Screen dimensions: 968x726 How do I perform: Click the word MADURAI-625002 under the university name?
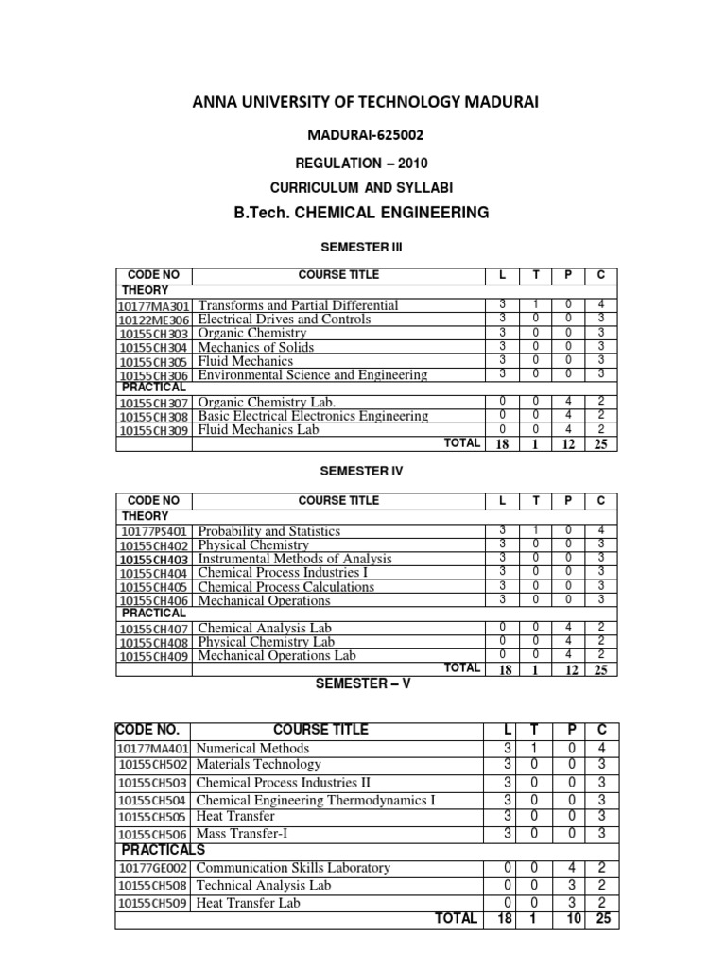tap(362, 136)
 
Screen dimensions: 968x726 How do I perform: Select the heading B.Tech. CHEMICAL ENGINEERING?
tap(362, 213)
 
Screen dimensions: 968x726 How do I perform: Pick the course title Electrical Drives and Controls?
tap(285, 320)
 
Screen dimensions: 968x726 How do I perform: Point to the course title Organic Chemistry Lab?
tap(267, 402)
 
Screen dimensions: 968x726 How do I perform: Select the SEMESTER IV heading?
tap(362, 470)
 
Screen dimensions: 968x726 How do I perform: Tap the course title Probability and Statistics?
tap(269, 531)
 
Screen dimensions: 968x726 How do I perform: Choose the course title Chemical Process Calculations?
tap(285, 586)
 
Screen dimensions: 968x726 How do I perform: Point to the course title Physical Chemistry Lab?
tap(267, 642)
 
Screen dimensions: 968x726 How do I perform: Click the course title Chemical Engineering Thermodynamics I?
tap(316, 800)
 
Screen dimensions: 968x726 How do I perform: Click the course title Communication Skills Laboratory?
tap(293, 867)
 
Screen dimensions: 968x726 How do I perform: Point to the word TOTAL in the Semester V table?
tap(456, 918)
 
